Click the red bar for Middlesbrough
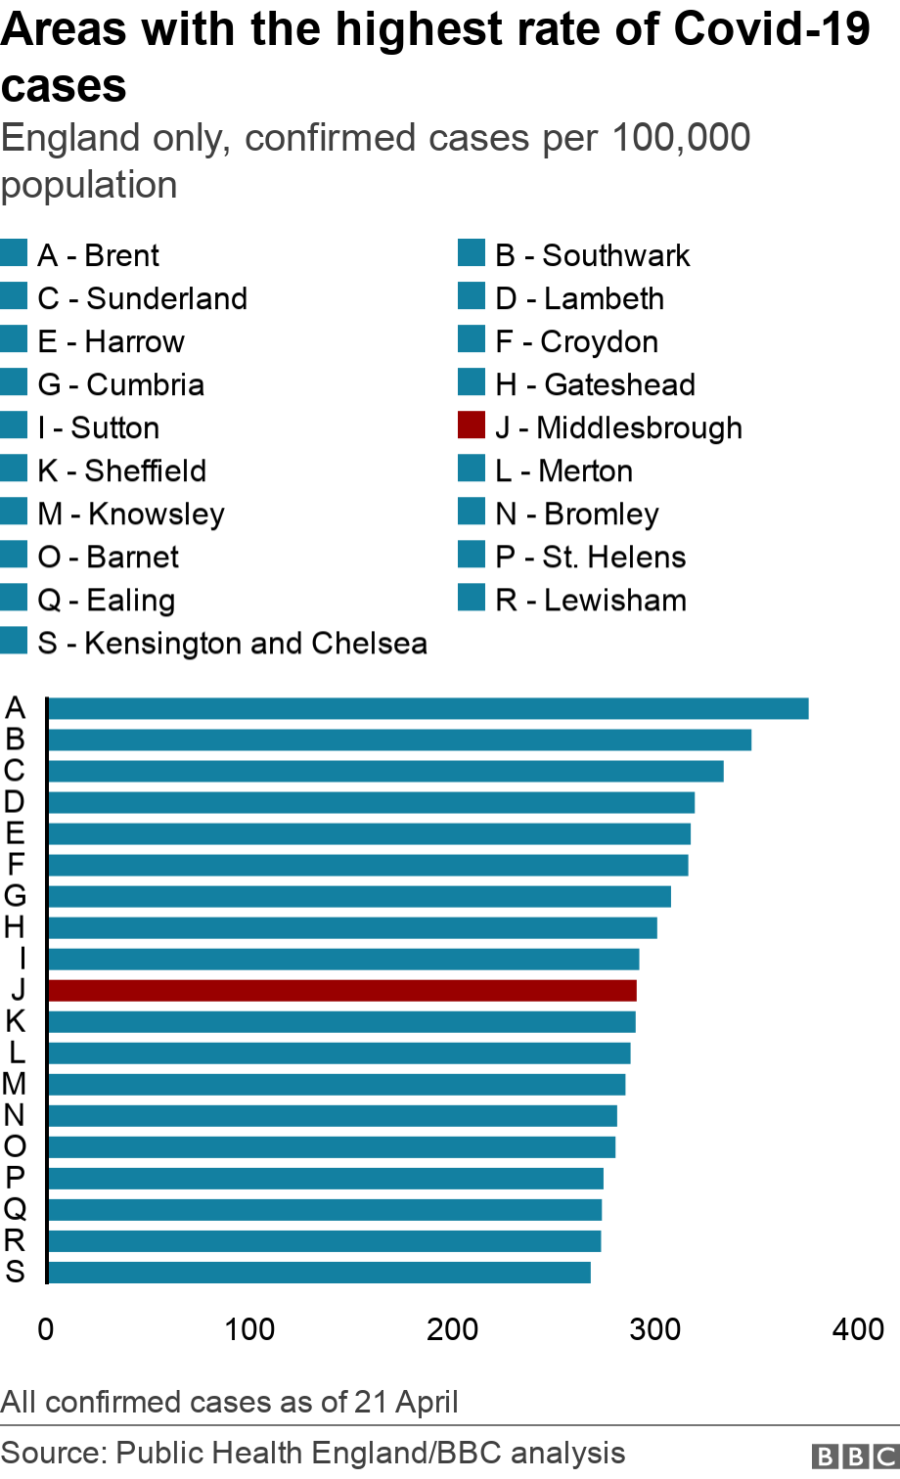tap(341, 991)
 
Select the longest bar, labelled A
tap(427, 708)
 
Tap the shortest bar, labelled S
tap(319, 1273)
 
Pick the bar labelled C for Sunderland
tap(385, 771)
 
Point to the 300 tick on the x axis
tap(655, 1329)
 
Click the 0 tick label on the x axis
tap(46, 1329)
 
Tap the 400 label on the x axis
tap(858, 1329)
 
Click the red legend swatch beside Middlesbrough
tap(472, 426)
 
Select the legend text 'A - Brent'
tap(98, 255)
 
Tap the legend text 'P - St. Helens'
tap(590, 557)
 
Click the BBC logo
tap(855, 1457)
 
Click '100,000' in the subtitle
tap(681, 138)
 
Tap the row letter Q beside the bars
tap(15, 1210)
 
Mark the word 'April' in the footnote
tap(427, 1402)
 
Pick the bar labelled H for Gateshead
tap(352, 927)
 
